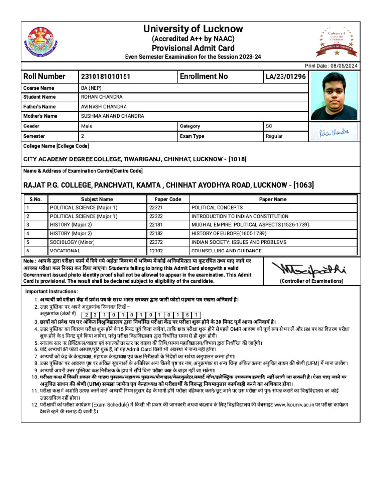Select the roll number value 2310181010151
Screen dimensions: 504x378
tap(106, 77)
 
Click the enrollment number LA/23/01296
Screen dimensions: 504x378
tap(285, 77)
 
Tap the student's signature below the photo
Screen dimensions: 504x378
tap(333, 132)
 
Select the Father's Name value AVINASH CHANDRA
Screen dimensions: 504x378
tap(104, 107)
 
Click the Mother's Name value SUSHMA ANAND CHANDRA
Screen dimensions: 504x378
tap(113, 116)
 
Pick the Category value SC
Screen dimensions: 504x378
tap(269, 126)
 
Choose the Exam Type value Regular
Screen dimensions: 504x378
tap(274, 136)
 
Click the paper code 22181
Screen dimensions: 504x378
tap(156, 225)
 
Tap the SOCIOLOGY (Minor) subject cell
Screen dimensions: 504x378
tap(73, 242)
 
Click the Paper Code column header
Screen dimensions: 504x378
tap(168, 199)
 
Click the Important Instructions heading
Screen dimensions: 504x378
tap(51, 292)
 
